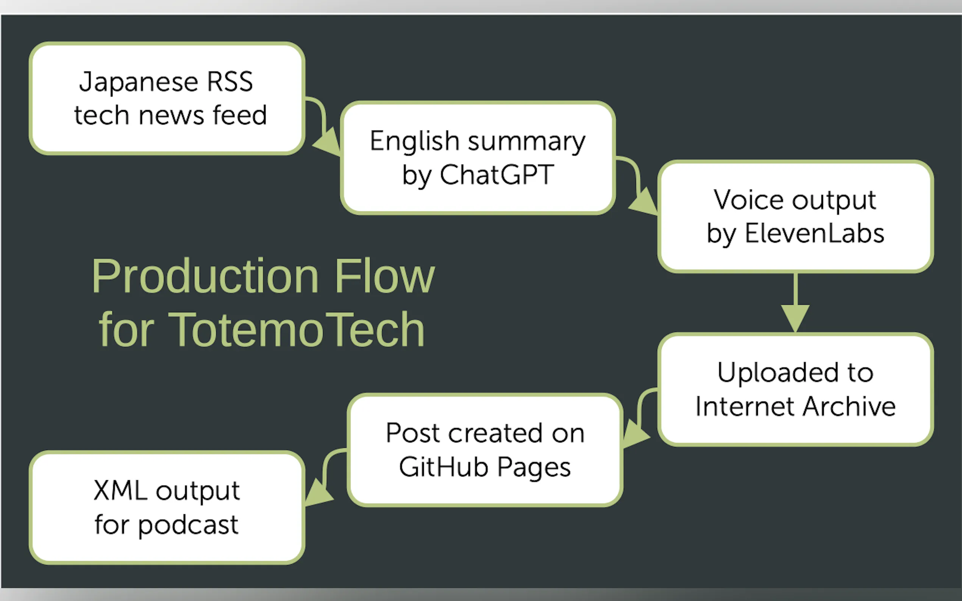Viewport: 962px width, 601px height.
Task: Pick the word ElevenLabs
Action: click(x=814, y=234)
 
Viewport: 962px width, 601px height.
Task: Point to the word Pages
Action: click(x=534, y=467)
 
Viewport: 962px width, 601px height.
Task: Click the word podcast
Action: click(x=188, y=525)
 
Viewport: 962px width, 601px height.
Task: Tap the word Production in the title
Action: click(x=205, y=276)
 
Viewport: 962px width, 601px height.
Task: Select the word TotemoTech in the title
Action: click(x=296, y=330)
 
